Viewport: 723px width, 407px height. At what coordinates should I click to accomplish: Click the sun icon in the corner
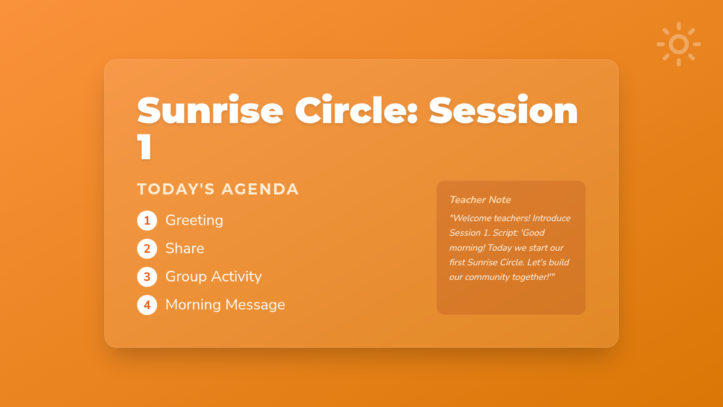coord(678,44)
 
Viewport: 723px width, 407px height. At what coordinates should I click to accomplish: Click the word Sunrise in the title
coord(210,110)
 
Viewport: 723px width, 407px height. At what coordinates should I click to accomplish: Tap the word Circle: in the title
coord(356,110)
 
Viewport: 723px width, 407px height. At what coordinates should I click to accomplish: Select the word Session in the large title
coord(503,110)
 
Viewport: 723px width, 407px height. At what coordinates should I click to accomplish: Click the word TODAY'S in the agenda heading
coord(176,189)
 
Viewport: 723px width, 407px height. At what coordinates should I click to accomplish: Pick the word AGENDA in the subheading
coord(260,189)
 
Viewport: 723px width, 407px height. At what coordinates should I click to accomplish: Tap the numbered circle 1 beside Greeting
coord(147,221)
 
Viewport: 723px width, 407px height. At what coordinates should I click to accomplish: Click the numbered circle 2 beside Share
coord(147,248)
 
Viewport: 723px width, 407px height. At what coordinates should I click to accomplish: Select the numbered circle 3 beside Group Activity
coord(147,277)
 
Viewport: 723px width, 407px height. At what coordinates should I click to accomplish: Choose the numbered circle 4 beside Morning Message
coord(147,305)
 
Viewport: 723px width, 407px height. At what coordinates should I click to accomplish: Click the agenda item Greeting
coord(194,221)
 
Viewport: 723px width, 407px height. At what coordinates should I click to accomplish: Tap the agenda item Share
coord(185,248)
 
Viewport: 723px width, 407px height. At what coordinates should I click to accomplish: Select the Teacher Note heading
coord(480,200)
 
